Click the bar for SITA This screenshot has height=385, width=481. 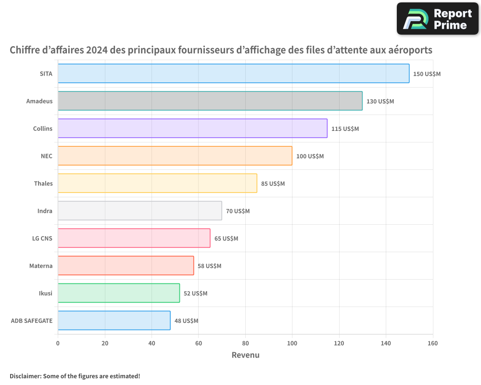[233, 74]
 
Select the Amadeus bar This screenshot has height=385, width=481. [210, 101]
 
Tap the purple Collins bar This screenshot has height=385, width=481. [192, 128]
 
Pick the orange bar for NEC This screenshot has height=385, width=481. [175, 156]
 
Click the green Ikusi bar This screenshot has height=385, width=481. [118, 293]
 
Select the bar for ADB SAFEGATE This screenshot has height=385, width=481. [114, 321]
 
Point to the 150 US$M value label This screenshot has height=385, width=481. [427, 74]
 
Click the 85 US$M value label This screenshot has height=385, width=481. [273, 184]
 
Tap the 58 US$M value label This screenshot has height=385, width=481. [209, 266]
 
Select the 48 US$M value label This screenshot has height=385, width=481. [186, 321]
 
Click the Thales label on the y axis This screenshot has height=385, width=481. [43, 184]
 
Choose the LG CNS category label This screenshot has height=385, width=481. [42, 239]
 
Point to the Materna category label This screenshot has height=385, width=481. [41, 266]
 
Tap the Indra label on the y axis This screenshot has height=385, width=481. [45, 211]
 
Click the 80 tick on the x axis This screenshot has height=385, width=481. [245, 344]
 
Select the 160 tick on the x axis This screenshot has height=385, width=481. [432, 344]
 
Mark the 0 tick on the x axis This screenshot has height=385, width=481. [58, 344]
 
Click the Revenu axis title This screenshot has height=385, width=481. [245, 356]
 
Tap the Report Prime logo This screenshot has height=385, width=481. [437, 19]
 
